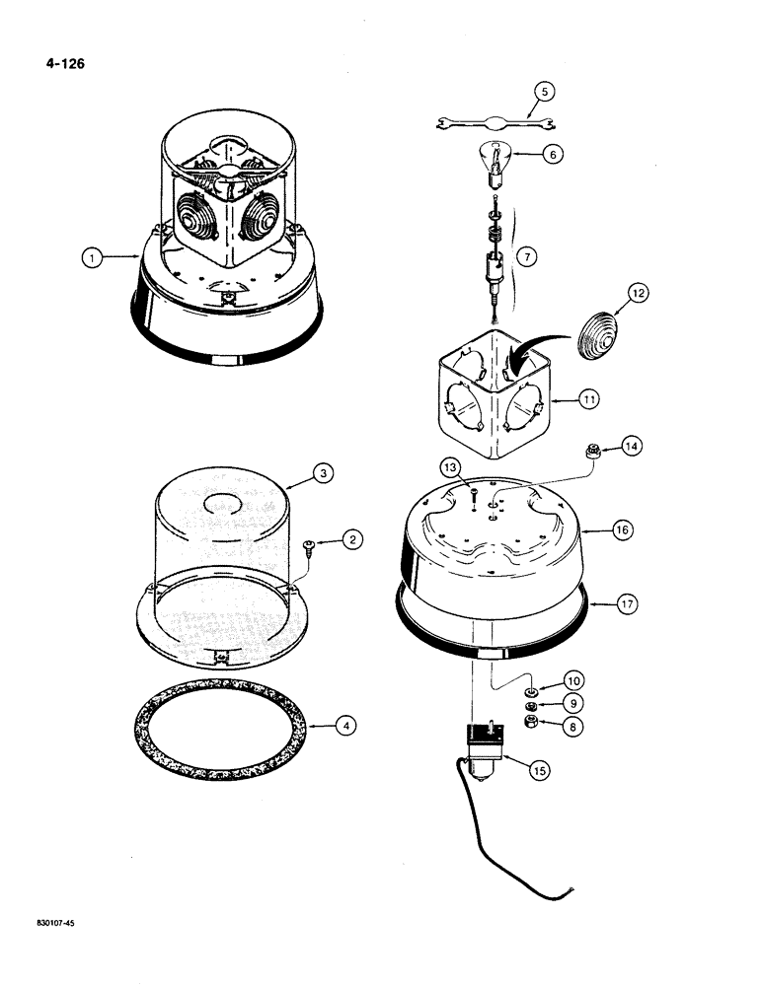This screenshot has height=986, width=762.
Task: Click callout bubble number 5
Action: pyautogui.click(x=542, y=93)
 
